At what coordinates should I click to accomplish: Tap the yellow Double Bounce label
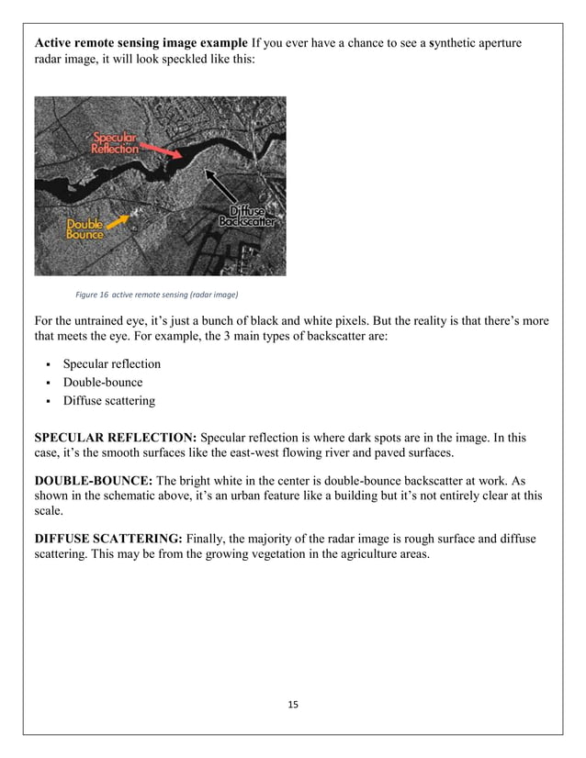pos(85,229)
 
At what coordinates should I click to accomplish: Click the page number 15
pos(293,704)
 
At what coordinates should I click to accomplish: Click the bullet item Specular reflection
pos(111,364)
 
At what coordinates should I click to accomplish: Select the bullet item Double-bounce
pos(103,383)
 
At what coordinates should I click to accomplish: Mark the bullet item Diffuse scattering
pos(108,401)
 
